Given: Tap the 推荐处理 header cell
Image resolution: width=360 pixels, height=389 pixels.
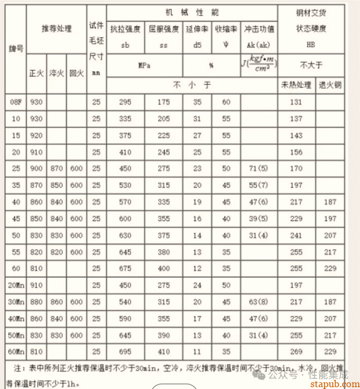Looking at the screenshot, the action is coord(56,28).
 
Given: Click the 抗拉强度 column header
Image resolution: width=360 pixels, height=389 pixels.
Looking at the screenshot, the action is coord(125,29).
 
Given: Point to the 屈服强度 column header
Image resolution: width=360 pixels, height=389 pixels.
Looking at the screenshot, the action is coord(162,29).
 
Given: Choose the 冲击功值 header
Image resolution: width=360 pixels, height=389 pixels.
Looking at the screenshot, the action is coord(260,29).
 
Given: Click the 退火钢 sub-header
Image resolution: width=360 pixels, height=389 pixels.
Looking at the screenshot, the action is coord(330,85).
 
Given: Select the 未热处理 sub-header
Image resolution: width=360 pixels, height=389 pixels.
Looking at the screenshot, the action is coord(296,85).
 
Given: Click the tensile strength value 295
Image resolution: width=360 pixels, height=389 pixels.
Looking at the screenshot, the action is coord(125,103).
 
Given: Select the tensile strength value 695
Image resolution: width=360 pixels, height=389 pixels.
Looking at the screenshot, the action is coord(125,350).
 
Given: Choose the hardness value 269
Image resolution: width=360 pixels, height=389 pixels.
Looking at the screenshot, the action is coord(296,350).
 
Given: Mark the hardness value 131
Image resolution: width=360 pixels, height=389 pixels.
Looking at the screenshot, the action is coord(296,103).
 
